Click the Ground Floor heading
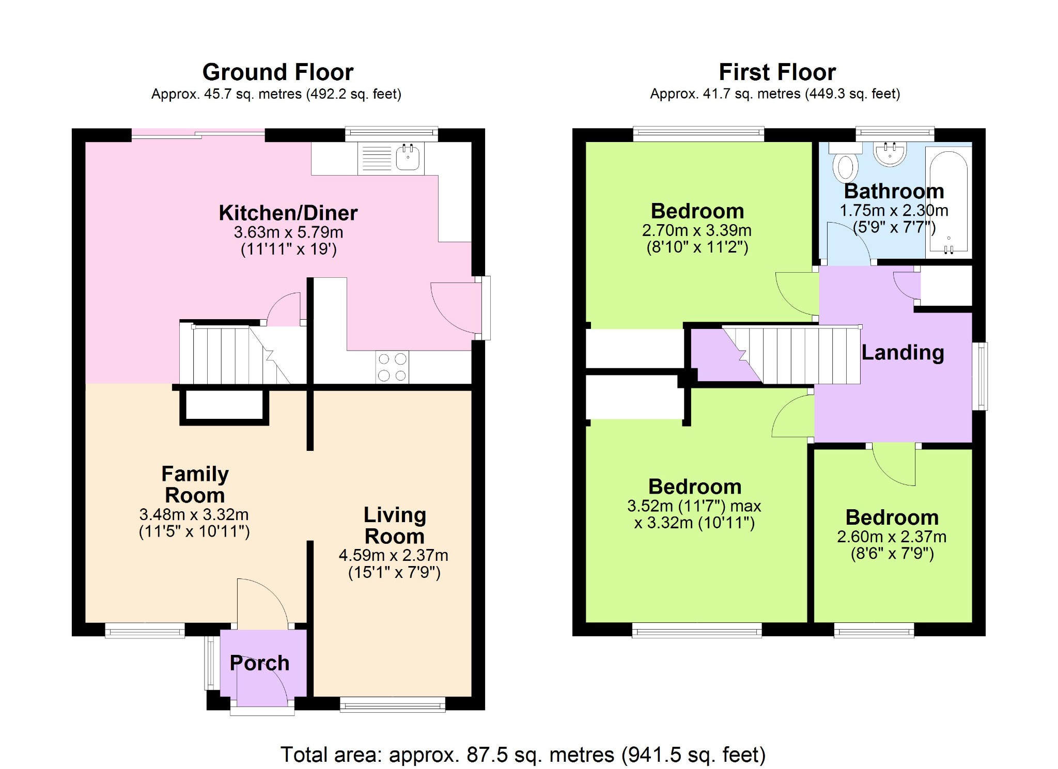click(x=278, y=72)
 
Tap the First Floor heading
click(x=777, y=72)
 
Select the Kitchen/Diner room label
click(x=288, y=213)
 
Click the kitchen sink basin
click(x=408, y=157)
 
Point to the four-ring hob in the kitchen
click(x=392, y=367)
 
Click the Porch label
click(x=259, y=663)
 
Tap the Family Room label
click(x=195, y=484)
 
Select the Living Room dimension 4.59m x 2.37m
click(x=394, y=555)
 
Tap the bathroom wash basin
click(x=890, y=153)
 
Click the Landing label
click(x=903, y=353)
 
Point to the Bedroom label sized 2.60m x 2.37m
click(x=892, y=517)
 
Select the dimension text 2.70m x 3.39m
click(x=697, y=230)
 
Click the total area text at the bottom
click(x=523, y=755)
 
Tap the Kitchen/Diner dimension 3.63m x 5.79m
click(x=288, y=232)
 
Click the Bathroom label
click(x=894, y=191)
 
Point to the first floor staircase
click(x=791, y=355)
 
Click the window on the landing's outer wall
click(x=980, y=376)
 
